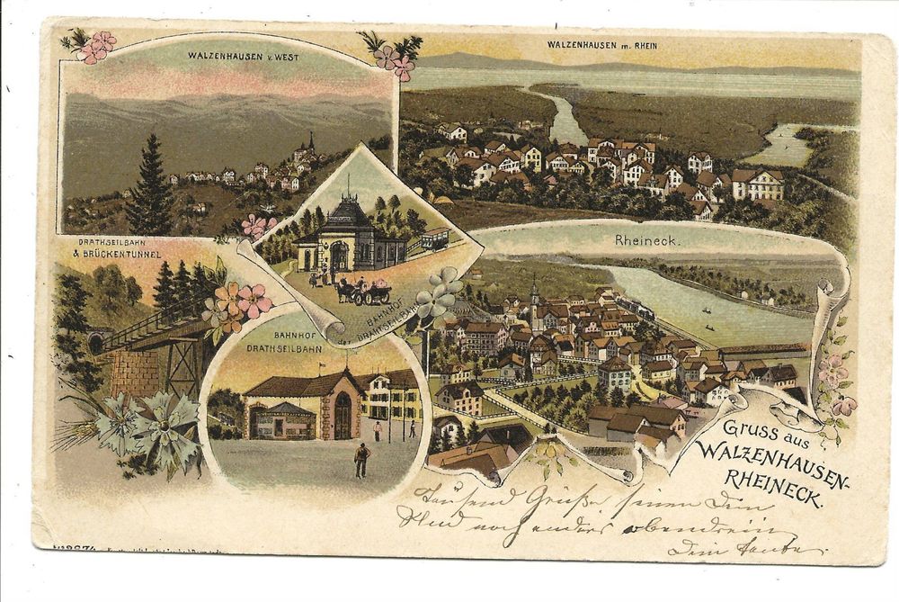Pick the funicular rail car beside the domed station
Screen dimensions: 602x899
(x=435, y=239)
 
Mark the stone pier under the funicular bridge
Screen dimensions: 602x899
(x=136, y=371)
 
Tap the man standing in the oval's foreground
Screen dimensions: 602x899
(x=361, y=459)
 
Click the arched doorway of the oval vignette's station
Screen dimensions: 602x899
(x=343, y=416)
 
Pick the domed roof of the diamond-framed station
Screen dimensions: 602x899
(x=348, y=215)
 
